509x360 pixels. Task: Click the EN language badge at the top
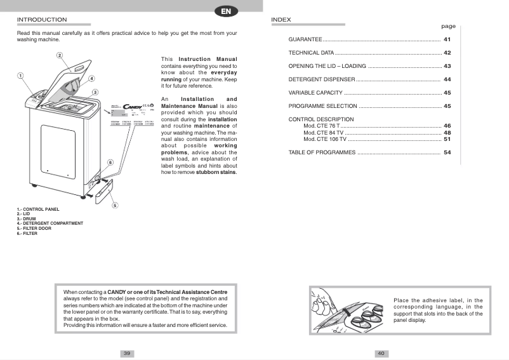(226, 11)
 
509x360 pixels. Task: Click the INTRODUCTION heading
(42, 20)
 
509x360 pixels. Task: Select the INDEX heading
(281, 20)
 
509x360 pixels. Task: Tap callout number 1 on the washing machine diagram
(20, 75)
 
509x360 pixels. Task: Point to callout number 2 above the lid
(60, 55)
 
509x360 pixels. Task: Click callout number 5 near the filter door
(114, 205)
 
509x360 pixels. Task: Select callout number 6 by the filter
(110, 163)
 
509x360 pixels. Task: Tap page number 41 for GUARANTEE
(447, 39)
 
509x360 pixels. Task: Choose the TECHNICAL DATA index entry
(311, 53)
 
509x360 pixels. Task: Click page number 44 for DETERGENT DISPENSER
(447, 79)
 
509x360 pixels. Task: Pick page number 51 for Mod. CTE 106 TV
(447, 139)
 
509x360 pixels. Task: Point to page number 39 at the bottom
(127, 353)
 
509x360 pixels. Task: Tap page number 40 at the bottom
(381, 353)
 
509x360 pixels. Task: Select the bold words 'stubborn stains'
(216, 172)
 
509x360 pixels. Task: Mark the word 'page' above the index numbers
(448, 26)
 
